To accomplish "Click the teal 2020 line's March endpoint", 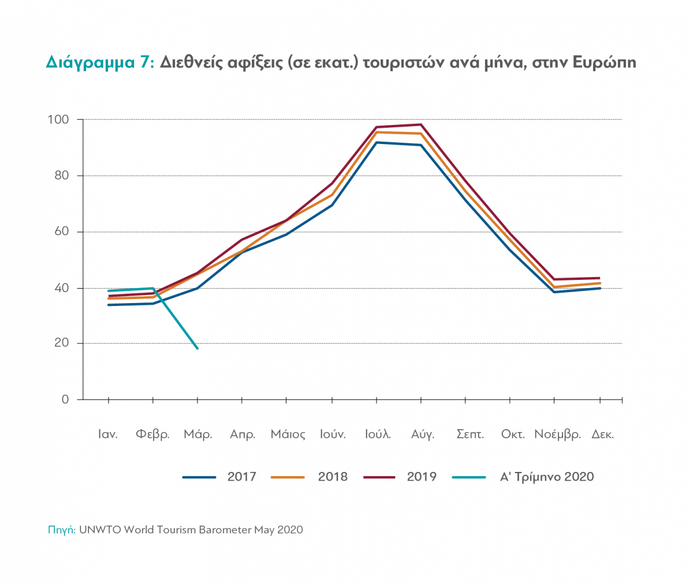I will (x=198, y=348).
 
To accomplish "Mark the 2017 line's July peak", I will (x=377, y=142).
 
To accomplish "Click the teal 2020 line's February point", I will (x=153, y=288).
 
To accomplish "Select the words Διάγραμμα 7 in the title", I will (x=99, y=62).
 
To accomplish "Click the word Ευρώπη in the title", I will (x=604, y=62).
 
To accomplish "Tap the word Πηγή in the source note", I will (x=61, y=530).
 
